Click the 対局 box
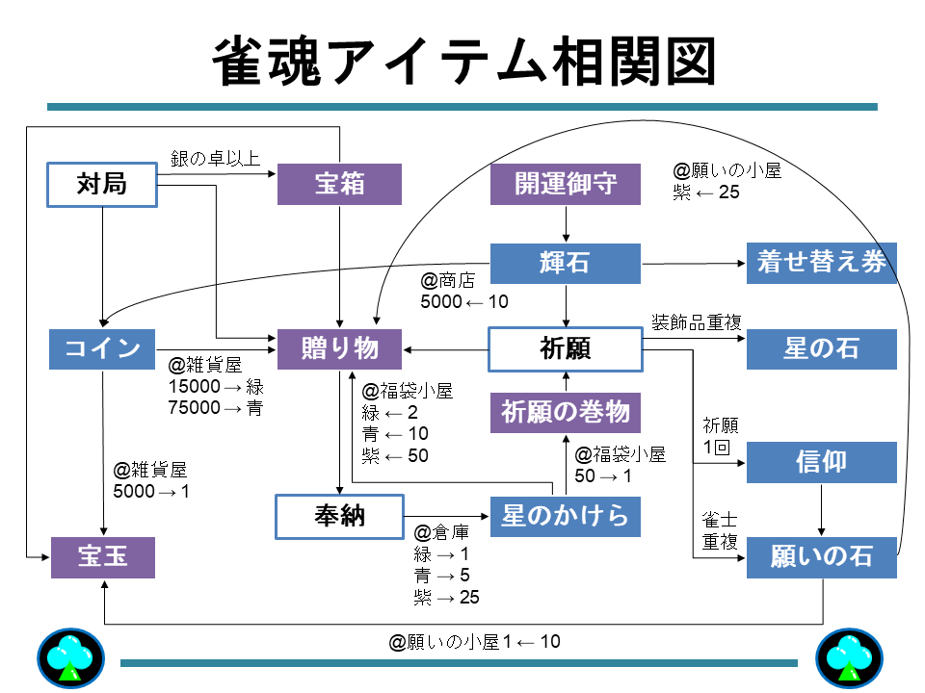[101, 184]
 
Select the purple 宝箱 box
[339, 184]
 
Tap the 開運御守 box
[566, 184]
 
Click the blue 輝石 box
[566, 264]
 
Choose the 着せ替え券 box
[821, 263]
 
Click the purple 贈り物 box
[339, 348]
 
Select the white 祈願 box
[566, 348]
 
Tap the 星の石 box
[821, 348]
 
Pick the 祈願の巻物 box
[566, 412]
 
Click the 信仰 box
[821, 462]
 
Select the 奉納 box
[339, 516]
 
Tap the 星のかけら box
[566, 516]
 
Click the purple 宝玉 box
[103, 557]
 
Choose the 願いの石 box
[821, 557]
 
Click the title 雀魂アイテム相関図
[462, 63]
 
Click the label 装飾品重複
[697, 321]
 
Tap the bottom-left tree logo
[69, 659]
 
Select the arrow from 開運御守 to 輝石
[566, 224]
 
